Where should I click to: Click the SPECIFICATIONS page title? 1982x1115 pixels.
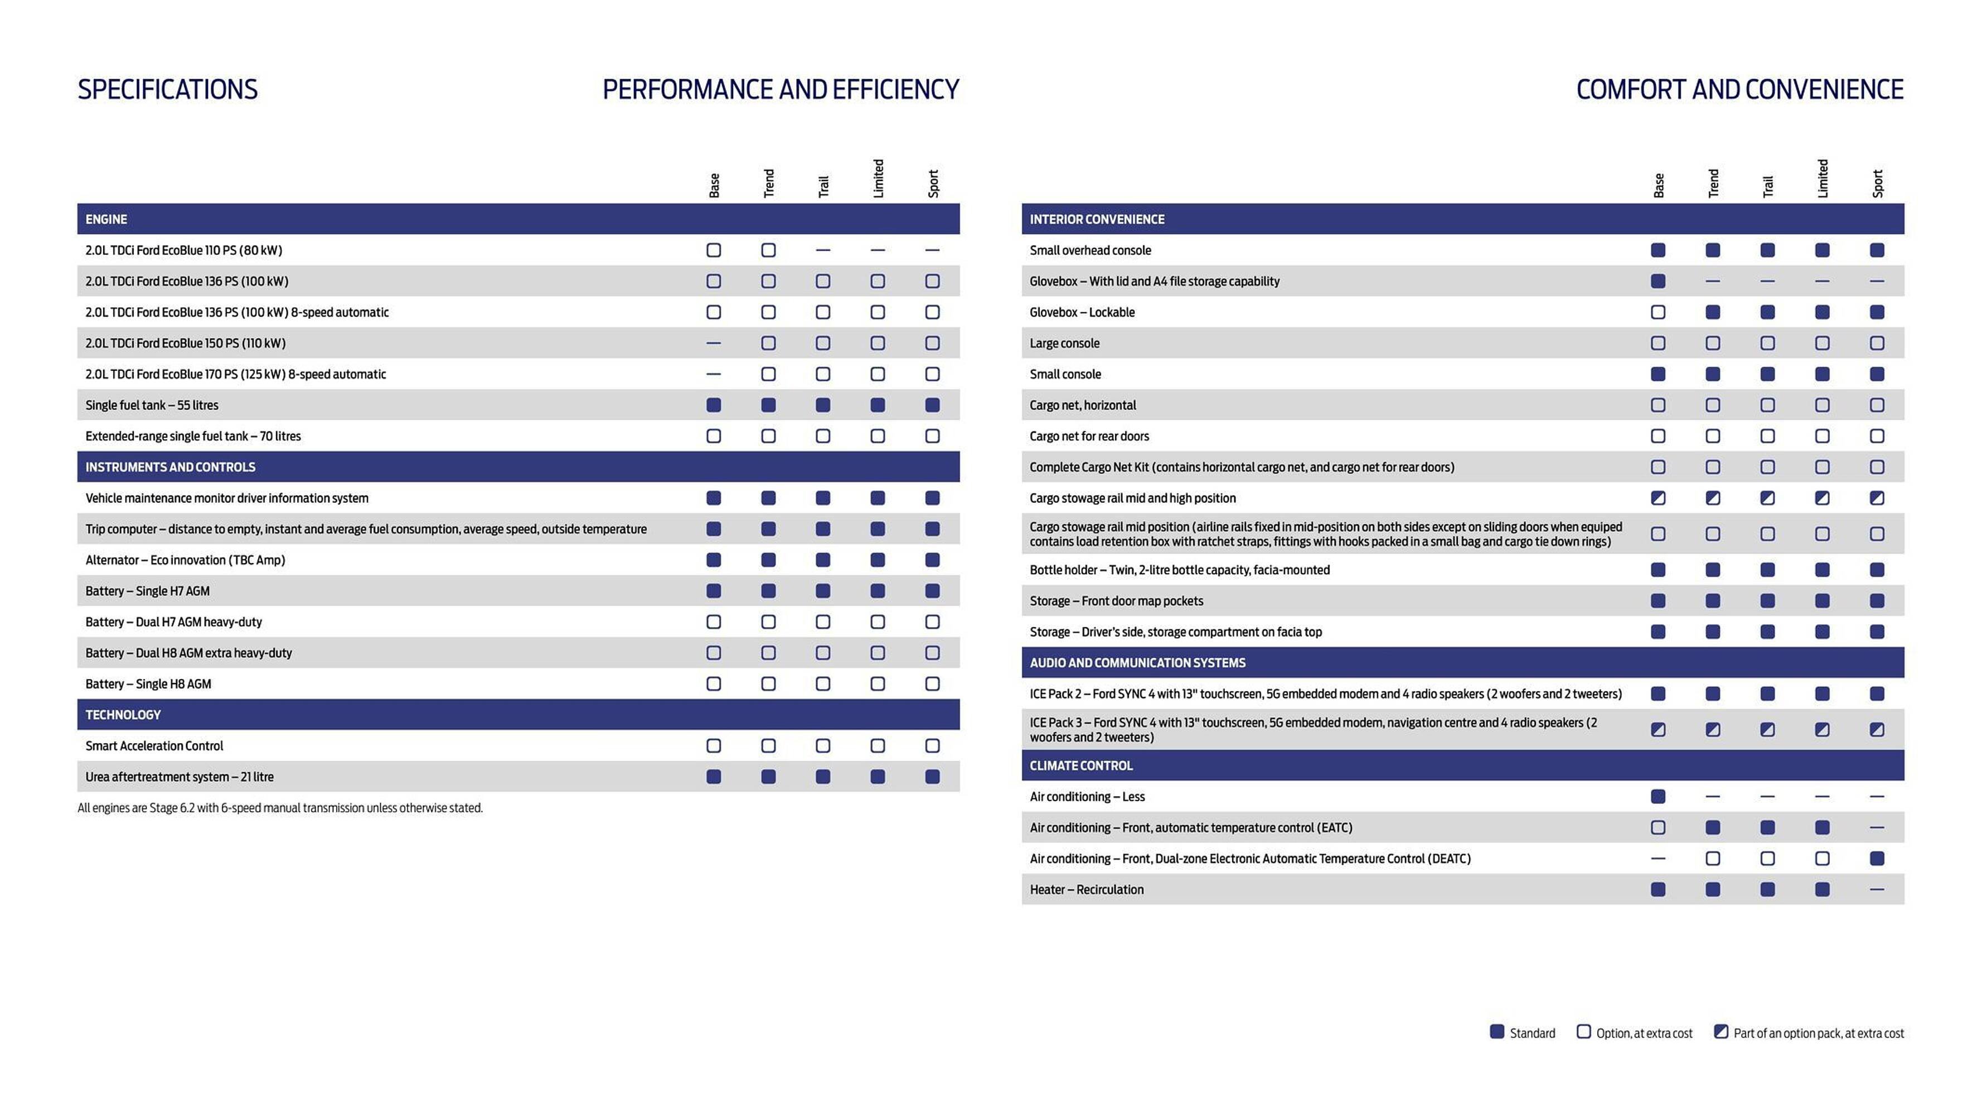coord(168,89)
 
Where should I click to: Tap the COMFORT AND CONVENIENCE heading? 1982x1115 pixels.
coord(1739,89)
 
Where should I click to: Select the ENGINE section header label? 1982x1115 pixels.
coord(106,219)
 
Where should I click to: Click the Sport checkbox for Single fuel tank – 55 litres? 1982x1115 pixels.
coord(932,405)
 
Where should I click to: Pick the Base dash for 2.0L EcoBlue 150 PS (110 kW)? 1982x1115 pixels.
coord(713,343)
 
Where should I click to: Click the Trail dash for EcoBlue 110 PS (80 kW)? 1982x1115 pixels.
coord(822,250)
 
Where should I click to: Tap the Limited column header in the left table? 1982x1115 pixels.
coord(878,178)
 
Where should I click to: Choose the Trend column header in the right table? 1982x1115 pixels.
coord(1713,183)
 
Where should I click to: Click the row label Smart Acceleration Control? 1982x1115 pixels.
coord(154,745)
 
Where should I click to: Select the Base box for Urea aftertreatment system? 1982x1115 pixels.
coord(713,777)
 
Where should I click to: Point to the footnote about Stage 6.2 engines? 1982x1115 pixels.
coord(280,808)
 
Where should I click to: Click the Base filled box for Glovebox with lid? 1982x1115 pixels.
coord(1658,281)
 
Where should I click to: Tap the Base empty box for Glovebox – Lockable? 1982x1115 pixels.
coord(1658,312)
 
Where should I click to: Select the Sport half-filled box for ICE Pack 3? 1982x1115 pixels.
coord(1877,729)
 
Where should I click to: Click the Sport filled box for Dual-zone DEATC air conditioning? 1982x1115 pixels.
coord(1877,858)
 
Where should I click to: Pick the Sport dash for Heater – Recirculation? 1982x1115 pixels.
coord(1877,890)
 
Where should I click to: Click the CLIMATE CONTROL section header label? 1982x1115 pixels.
coord(1081,765)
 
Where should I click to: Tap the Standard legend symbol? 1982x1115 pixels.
coord(1496,1032)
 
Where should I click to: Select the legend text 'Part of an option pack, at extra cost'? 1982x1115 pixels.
coord(1818,1034)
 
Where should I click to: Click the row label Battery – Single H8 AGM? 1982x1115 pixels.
coord(148,684)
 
